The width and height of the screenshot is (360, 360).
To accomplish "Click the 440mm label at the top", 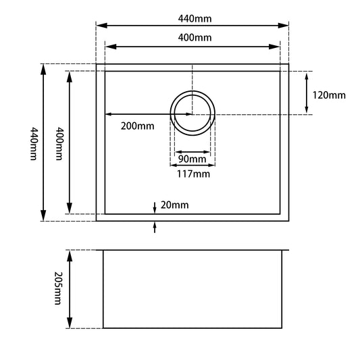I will (192, 16).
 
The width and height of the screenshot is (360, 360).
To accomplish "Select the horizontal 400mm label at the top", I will (192, 37).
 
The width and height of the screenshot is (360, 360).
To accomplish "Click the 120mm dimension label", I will (330, 95).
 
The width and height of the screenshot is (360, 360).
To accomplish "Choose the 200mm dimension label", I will (137, 126).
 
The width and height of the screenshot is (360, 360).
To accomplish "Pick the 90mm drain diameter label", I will (192, 159).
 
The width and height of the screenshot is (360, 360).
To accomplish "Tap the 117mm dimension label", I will (192, 174).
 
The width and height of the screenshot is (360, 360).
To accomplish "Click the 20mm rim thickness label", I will (176, 205).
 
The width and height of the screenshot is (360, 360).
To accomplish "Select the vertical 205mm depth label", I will (59, 289).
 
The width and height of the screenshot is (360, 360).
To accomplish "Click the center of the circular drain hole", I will (192, 113).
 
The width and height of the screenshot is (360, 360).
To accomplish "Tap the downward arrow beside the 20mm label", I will (155, 206).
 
